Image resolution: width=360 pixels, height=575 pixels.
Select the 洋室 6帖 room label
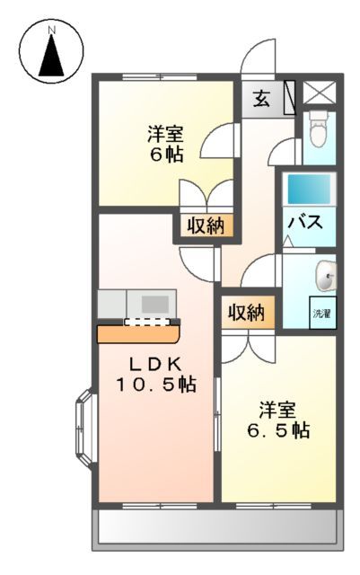coord(166,145)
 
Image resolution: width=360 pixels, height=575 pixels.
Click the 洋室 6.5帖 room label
coord(277,420)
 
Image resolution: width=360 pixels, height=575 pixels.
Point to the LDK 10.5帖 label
coord(155,375)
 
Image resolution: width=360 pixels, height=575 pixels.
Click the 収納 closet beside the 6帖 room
coord(206,226)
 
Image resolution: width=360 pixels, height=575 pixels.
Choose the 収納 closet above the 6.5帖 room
coord(244,313)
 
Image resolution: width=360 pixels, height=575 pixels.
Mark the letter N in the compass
coord(52,30)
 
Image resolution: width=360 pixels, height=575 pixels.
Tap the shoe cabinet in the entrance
coord(289,97)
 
